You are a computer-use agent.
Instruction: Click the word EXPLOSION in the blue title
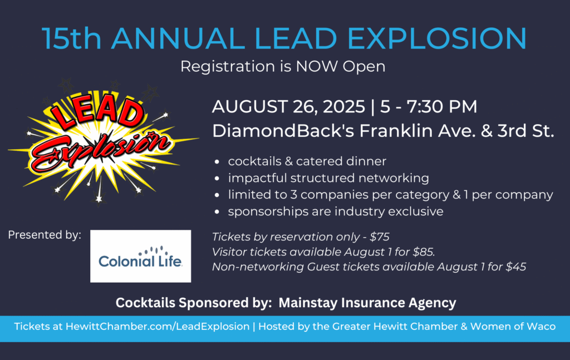pos(436,38)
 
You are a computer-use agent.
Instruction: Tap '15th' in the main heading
pos(71,38)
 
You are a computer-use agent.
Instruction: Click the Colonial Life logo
pos(140,256)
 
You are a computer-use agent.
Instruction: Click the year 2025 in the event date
pos(344,106)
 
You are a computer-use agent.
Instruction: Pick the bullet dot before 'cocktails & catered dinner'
pos(217,162)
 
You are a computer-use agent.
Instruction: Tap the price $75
pos(380,237)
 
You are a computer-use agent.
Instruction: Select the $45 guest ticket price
pos(515,267)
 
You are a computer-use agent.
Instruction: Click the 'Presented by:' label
pos(45,235)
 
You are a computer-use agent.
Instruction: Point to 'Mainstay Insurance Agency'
pos(367,303)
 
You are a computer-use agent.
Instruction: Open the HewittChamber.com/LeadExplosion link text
pos(158,326)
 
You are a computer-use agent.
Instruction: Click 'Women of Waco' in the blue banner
pos(513,326)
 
